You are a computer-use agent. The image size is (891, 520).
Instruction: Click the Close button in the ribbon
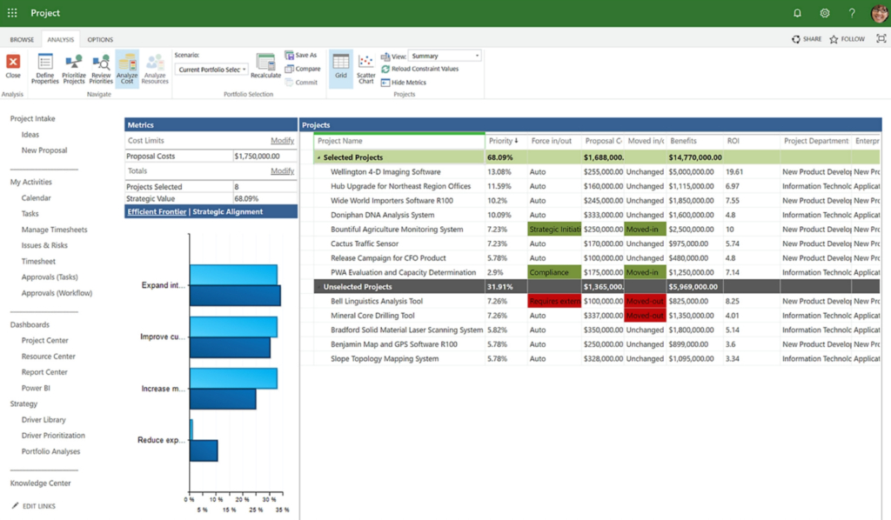(x=13, y=66)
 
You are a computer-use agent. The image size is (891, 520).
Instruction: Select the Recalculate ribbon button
(x=266, y=66)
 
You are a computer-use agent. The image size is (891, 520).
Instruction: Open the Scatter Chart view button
(x=365, y=67)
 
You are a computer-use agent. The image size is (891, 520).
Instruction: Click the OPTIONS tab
(x=100, y=39)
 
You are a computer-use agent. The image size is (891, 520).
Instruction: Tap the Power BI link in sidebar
(x=36, y=388)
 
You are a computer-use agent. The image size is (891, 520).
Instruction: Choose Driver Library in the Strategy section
(x=44, y=420)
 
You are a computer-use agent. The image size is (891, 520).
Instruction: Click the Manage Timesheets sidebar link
(x=55, y=230)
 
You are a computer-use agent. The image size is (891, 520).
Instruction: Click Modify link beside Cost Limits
(x=282, y=140)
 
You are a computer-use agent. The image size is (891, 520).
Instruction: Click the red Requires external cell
(x=554, y=301)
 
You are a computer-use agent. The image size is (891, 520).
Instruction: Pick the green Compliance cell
(x=549, y=272)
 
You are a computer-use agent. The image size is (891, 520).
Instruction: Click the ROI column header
(x=734, y=141)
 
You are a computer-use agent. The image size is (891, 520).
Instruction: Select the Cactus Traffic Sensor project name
(x=365, y=243)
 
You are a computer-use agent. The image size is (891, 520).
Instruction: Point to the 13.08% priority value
(x=500, y=172)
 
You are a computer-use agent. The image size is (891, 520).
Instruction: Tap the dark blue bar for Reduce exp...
(x=204, y=450)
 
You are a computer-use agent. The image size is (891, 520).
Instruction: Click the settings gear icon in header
(x=825, y=13)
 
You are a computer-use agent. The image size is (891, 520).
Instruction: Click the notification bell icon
(x=797, y=13)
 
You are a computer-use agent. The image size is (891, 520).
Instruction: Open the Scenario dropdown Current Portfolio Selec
(x=211, y=70)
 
